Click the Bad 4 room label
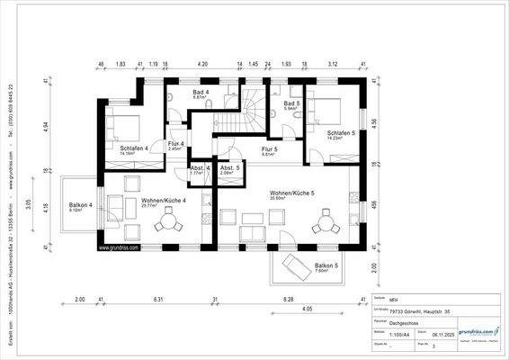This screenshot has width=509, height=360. click(x=201, y=93)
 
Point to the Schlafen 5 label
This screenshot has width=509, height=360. click(x=341, y=132)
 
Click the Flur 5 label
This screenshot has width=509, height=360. click(x=269, y=149)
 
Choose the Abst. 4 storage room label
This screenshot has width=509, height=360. click(x=201, y=168)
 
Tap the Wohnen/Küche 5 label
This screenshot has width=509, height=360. click(x=290, y=193)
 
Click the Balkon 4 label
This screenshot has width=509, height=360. click(x=81, y=206)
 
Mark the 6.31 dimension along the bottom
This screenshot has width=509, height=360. click(x=158, y=299)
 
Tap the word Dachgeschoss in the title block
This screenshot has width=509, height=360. click(x=400, y=319)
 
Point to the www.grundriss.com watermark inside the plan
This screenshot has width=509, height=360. click(x=118, y=247)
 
